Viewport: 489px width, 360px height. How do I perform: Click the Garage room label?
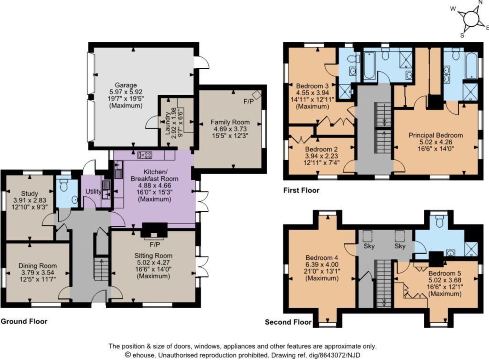pyautogui.click(x=126, y=85)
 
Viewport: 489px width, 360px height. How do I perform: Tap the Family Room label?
pyautogui.click(x=230, y=122)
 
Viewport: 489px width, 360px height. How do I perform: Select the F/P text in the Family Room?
pyautogui.click(x=248, y=102)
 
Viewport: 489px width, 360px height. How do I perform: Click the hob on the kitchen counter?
pyautogui.click(x=145, y=155)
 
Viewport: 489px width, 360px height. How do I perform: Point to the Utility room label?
pyautogui.click(x=93, y=191)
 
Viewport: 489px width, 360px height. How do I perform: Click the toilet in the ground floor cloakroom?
pyautogui.click(x=64, y=185)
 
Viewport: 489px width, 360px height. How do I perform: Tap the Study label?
pyautogui.click(x=30, y=193)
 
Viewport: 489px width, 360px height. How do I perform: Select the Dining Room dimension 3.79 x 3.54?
pyautogui.click(x=37, y=273)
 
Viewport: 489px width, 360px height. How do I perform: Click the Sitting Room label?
pyautogui.click(x=153, y=255)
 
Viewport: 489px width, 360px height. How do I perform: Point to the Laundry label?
pyautogui.click(x=167, y=124)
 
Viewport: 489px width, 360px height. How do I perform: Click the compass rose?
pyautogui.click(x=471, y=19)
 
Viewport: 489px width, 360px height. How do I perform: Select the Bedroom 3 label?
pyautogui.click(x=312, y=86)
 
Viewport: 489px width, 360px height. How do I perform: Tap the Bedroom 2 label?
pyautogui.click(x=321, y=149)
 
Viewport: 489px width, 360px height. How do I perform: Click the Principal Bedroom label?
pyautogui.click(x=436, y=135)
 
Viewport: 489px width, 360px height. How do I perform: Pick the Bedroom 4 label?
pyautogui.click(x=322, y=258)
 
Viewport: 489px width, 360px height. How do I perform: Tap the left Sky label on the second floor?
pyautogui.click(x=369, y=246)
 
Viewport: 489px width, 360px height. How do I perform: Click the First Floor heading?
pyautogui.click(x=301, y=190)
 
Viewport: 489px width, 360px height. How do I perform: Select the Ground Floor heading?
pyautogui.click(x=24, y=321)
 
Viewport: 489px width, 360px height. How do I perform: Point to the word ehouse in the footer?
pyautogui.click(x=145, y=355)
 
